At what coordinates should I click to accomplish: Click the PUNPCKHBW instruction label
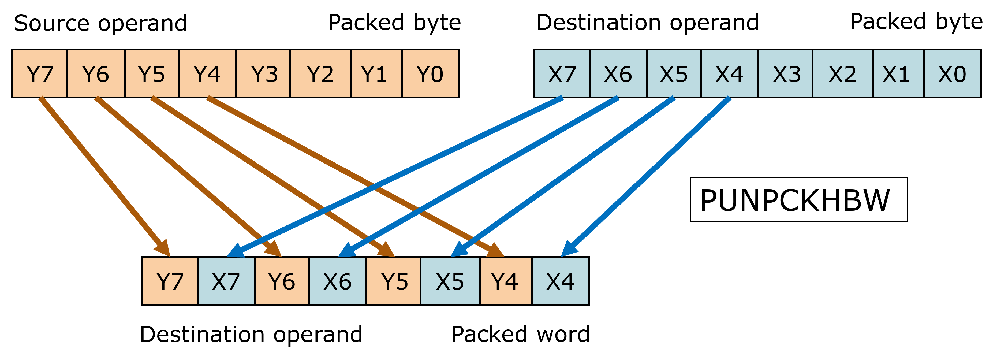point(798,200)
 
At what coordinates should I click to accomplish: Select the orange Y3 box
point(264,73)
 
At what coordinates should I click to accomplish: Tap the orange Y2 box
point(320,73)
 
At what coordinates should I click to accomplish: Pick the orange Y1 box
point(376,73)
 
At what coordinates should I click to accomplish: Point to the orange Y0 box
point(430,73)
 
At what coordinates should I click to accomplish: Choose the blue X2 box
point(843,73)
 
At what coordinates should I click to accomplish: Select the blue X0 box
point(952,73)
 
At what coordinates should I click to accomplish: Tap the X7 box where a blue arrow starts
point(562,73)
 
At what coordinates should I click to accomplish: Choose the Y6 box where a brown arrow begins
point(96,73)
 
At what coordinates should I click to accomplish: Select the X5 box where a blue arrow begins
point(673,73)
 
